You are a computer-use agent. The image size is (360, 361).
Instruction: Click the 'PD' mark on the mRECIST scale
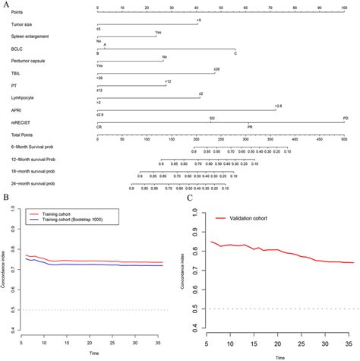[345, 118]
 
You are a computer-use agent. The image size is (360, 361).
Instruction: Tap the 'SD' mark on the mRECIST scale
[212, 118]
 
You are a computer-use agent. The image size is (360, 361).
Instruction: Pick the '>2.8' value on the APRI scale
[279, 106]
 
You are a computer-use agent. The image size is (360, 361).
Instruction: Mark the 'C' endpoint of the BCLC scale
[235, 53]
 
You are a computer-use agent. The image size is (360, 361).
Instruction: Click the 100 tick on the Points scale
[345, 8]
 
